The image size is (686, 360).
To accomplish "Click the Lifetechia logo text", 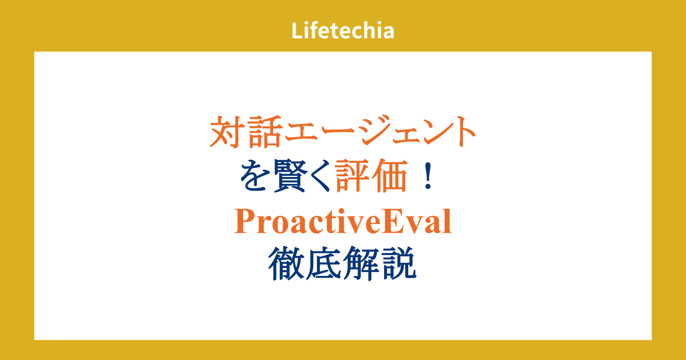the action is click(x=343, y=30).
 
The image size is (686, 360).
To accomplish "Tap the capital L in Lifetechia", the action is click(x=297, y=30).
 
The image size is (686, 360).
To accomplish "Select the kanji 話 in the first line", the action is click(x=265, y=132).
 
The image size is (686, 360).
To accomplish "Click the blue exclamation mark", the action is click(x=428, y=176).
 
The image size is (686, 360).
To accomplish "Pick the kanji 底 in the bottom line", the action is click(x=323, y=263).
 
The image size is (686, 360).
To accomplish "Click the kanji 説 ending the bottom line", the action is click(x=399, y=263).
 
